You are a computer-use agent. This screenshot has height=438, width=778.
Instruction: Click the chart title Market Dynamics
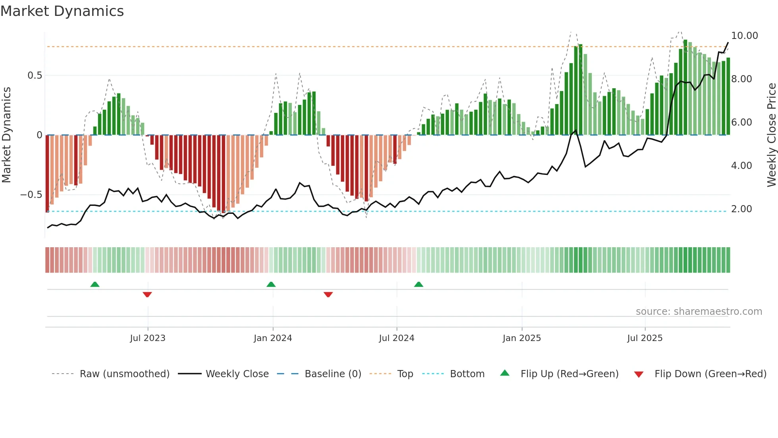click(x=62, y=11)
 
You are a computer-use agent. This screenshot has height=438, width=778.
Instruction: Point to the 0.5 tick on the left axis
click(x=35, y=76)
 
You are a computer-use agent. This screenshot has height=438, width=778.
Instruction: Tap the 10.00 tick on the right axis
click(x=744, y=36)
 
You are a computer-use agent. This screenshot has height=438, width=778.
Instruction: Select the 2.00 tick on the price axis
click(x=741, y=209)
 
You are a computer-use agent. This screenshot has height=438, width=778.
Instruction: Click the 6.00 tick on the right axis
click(x=741, y=122)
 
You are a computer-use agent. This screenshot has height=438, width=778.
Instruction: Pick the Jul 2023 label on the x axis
click(x=147, y=338)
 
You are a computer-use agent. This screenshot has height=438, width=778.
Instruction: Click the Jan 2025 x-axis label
click(x=521, y=338)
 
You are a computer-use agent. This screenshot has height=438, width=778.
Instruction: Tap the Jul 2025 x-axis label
click(x=645, y=338)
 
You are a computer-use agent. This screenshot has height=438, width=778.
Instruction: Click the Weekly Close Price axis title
click(x=771, y=135)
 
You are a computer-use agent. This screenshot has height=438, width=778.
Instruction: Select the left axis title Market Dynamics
click(x=6, y=135)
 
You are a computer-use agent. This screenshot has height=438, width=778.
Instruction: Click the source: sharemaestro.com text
click(x=699, y=312)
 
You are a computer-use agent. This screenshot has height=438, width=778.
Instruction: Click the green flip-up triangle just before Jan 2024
click(x=271, y=285)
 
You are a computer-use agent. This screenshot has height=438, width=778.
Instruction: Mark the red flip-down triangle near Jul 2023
click(x=147, y=295)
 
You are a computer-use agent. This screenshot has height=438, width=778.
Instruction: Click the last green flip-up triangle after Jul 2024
click(x=418, y=285)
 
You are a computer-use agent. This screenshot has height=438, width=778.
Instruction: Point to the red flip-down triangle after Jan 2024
click(x=328, y=295)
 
